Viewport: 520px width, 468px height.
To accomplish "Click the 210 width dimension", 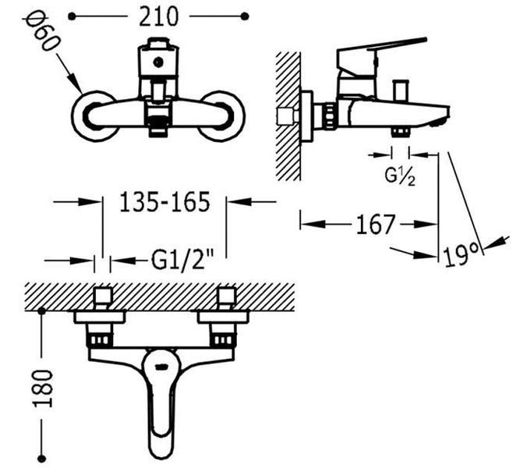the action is tap(158, 16).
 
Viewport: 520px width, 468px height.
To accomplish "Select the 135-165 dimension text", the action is tap(164, 201).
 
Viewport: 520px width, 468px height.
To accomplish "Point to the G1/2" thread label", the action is tap(182, 261).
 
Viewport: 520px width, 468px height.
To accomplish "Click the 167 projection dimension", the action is tap(376, 225).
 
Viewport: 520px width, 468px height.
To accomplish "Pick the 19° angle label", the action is tap(462, 254).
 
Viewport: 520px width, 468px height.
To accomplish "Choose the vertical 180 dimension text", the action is tap(43, 388).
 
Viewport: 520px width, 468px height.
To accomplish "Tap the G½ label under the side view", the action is tap(400, 176).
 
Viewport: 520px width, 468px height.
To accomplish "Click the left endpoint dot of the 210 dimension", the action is tap(72, 16).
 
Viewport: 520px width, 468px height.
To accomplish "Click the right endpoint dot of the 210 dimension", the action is tap(245, 16).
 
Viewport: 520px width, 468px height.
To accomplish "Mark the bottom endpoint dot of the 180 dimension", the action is tap(42, 459).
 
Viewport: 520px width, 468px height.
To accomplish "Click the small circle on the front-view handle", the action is tap(157, 62).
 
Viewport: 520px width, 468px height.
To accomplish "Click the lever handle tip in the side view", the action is tap(423, 40).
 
